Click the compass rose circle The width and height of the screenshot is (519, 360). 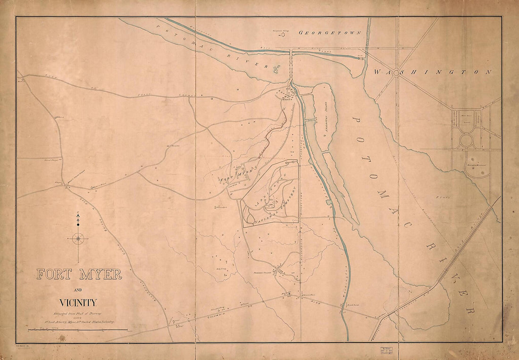point(79,239)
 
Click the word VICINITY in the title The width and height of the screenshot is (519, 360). point(78,303)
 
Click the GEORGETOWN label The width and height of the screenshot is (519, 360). point(330,33)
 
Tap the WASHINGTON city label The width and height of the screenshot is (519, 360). point(432,72)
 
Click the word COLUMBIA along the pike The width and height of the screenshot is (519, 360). point(222,312)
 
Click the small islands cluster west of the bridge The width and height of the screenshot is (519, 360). point(275,70)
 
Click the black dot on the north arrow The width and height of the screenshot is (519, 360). point(79,224)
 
